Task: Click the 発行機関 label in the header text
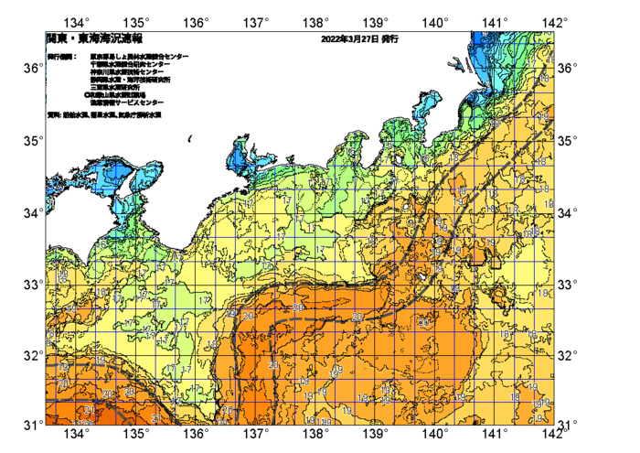[62, 57]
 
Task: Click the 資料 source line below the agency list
[108, 116]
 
